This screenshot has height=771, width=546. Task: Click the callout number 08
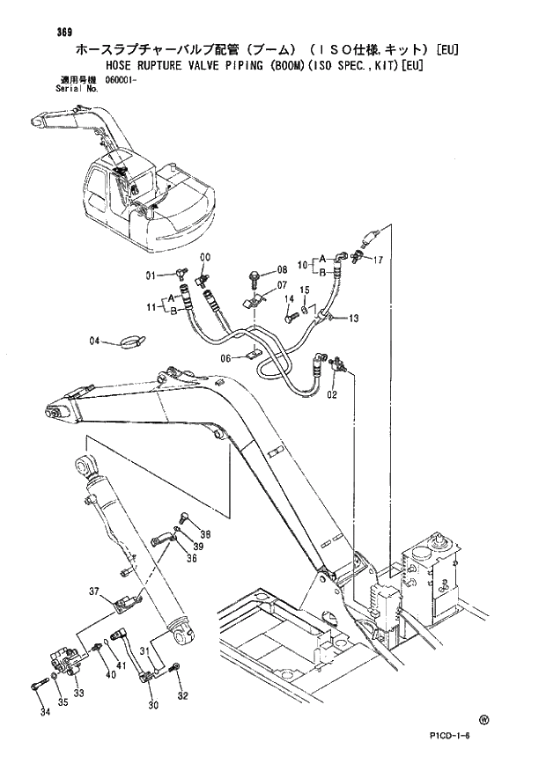pyautogui.click(x=282, y=269)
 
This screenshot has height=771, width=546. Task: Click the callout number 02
pyautogui.click(x=331, y=396)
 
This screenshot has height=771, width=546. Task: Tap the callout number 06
pyautogui.click(x=225, y=357)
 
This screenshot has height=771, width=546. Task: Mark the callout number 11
pyautogui.click(x=152, y=306)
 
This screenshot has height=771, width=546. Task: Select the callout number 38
pyautogui.click(x=204, y=533)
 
